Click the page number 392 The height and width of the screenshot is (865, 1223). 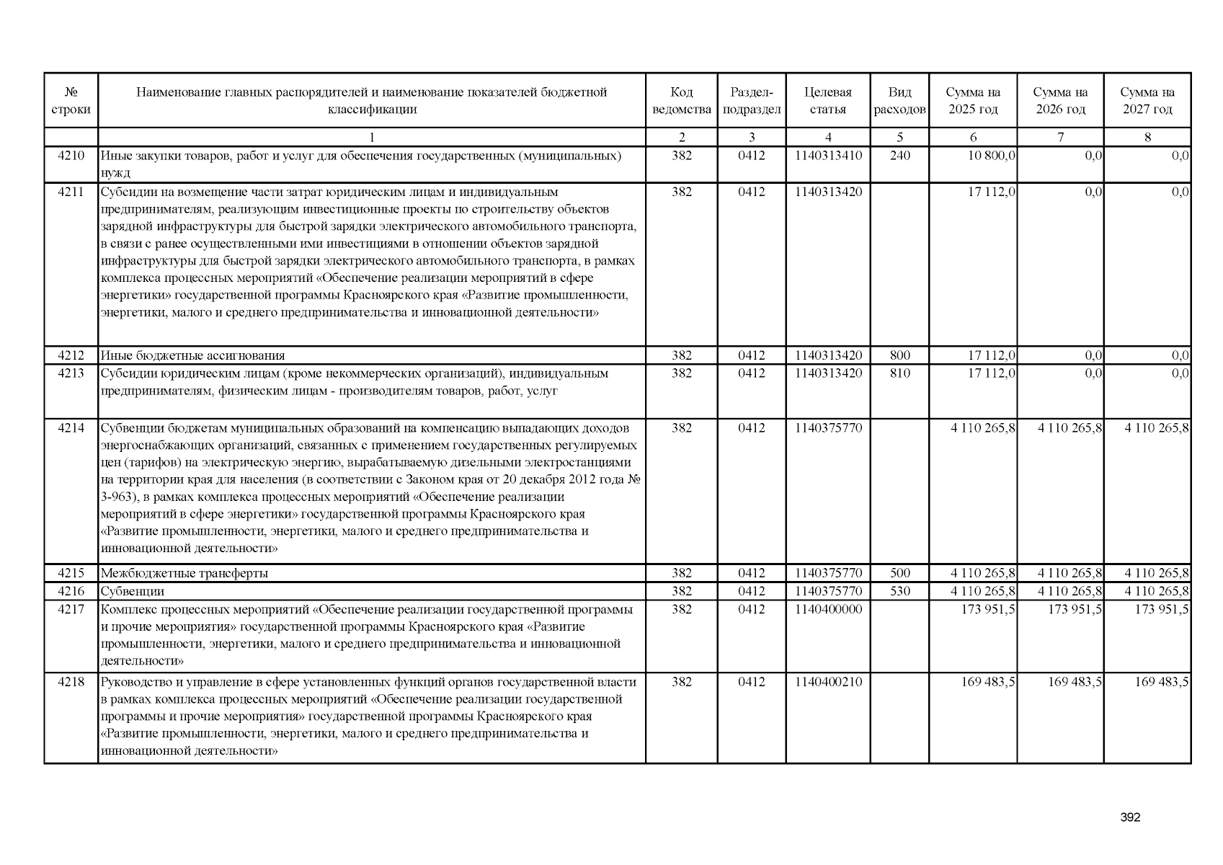click(x=1130, y=817)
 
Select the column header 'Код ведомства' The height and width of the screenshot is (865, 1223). click(x=681, y=101)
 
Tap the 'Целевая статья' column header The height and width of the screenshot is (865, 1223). click(x=827, y=101)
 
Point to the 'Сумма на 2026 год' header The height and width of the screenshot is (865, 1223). click(x=1060, y=101)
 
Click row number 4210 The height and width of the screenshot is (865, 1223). click(x=71, y=156)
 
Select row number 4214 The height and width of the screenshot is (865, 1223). click(x=71, y=428)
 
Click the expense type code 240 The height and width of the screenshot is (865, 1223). click(x=899, y=156)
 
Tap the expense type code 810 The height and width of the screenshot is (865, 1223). click(x=899, y=373)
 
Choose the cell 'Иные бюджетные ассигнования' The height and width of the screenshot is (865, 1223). click(x=192, y=355)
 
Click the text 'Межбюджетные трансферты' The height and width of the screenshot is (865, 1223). click(x=184, y=574)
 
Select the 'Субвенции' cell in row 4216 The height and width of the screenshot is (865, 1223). click(x=133, y=592)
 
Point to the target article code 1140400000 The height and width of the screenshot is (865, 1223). click(x=828, y=610)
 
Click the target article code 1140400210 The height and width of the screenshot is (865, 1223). click(x=828, y=682)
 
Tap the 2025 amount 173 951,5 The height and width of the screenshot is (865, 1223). click(x=988, y=610)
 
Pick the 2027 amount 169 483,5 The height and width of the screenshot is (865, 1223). click(x=1161, y=682)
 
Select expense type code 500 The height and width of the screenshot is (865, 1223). click(x=899, y=574)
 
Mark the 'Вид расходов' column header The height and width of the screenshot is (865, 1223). click(x=899, y=101)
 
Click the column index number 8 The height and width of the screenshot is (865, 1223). click(x=1147, y=137)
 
